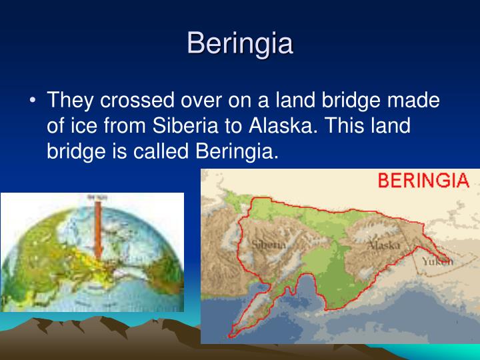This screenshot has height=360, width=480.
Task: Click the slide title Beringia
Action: (x=240, y=43)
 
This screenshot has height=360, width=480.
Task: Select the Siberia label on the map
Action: (x=269, y=245)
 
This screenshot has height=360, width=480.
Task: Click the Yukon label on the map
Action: (x=438, y=261)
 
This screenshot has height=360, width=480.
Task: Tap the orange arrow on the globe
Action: (x=97, y=227)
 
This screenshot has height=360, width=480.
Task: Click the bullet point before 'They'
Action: (x=33, y=101)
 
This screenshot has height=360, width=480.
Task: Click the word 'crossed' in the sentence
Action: (x=140, y=101)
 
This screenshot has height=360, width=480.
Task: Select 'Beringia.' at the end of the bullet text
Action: (x=236, y=151)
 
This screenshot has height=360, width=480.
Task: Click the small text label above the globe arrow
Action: (x=97, y=197)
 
